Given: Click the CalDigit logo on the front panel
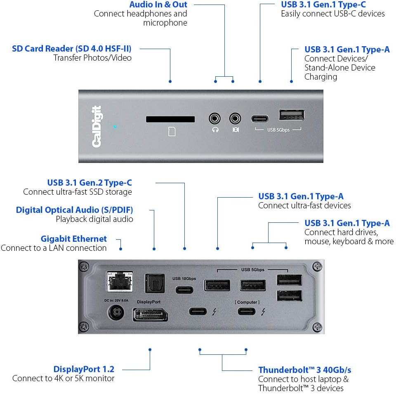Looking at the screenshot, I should click(97, 127).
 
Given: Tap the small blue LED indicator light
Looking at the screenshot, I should click(115, 127).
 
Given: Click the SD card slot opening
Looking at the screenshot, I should click(170, 119).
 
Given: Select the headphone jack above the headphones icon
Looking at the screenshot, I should click(215, 119).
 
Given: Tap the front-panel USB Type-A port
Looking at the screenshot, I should click(292, 116).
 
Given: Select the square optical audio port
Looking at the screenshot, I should click(154, 284).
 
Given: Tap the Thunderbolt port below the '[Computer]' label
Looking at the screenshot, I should click(247, 311).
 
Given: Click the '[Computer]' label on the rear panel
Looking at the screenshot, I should click(247, 302).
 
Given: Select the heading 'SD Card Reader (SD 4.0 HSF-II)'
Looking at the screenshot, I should click(72, 49).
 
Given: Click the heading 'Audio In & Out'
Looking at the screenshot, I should click(158, 5).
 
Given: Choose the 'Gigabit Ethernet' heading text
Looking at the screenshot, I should click(74, 239).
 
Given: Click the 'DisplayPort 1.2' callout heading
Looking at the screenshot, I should click(84, 369).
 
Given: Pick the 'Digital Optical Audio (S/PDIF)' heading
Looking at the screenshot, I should click(75, 210).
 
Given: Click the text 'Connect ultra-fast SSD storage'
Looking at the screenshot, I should click(78, 192).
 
